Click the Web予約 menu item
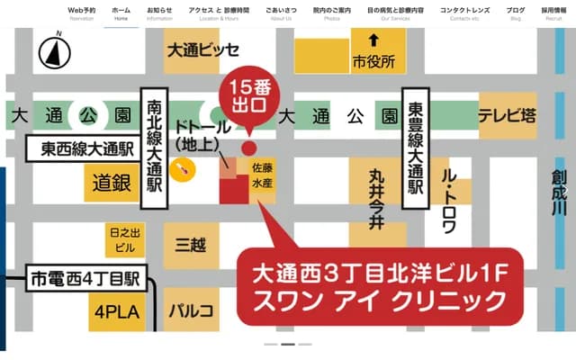tap(81, 12)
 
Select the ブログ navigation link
tap(516, 12)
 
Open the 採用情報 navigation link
tap(553, 12)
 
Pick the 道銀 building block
tap(112, 183)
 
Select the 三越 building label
tap(191, 245)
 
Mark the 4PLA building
tap(111, 314)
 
